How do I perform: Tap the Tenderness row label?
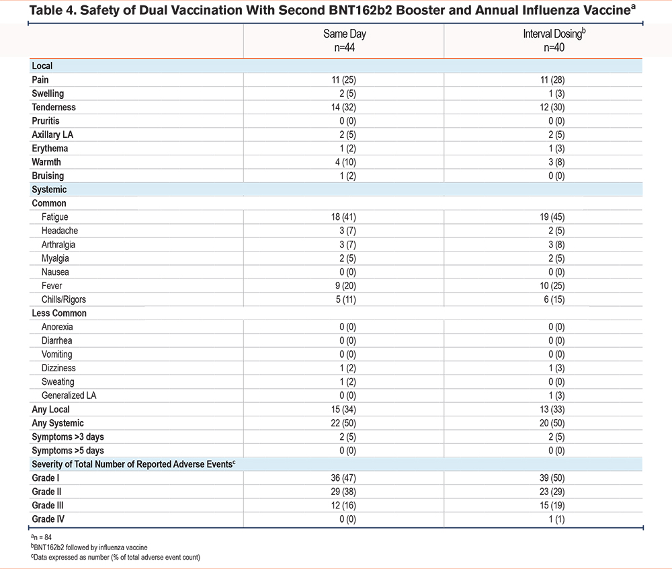pyautogui.click(x=54, y=107)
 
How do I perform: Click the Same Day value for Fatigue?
pyautogui.click(x=343, y=217)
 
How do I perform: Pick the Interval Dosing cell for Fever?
pyautogui.click(x=552, y=286)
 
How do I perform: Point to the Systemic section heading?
pyautogui.click(x=49, y=190)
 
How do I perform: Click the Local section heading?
pyautogui.click(x=42, y=66)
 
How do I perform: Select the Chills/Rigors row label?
pyautogui.click(x=63, y=299)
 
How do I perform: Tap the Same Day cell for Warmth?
pyautogui.click(x=345, y=162)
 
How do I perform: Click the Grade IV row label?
pyautogui.click(x=48, y=519)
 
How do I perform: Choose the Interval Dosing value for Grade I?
pyautogui.click(x=552, y=478)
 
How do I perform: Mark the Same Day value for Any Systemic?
pyautogui.click(x=343, y=423)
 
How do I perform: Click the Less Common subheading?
pyautogui.click(x=59, y=313)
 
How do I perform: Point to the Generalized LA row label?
pyautogui.click(x=69, y=395)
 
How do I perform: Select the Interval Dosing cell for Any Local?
pyautogui.click(x=552, y=409)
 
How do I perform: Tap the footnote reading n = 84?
pyautogui.click(x=41, y=537)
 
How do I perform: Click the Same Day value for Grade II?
pyautogui.click(x=343, y=492)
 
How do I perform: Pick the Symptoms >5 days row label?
pyautogui.click(x=68, y=450)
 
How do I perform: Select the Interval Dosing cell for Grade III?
pyautogui.click(x=552, y=505)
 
